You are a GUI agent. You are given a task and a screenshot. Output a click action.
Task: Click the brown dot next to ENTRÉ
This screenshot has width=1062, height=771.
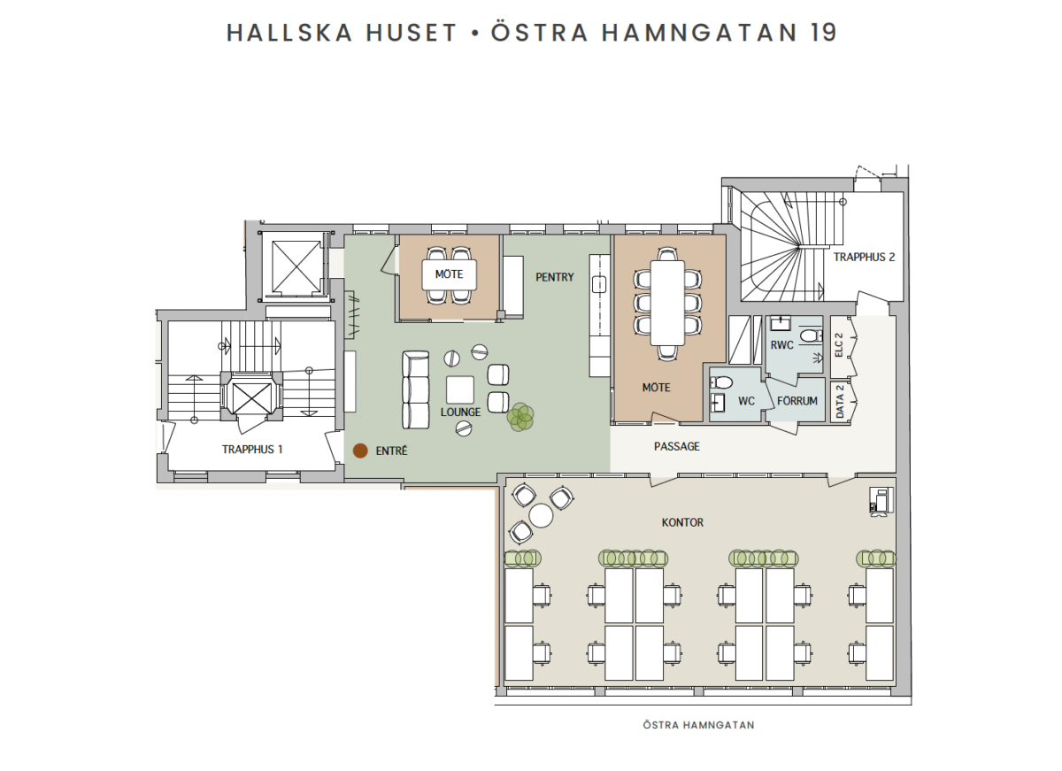(x=360, y=451)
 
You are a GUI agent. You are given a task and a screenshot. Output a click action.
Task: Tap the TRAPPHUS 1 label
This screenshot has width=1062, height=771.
(x=252, y=450)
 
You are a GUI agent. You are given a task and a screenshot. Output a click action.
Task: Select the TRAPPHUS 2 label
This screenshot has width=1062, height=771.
(x=864, y=257)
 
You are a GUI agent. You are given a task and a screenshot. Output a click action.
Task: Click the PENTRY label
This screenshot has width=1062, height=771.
(x=554, y=277)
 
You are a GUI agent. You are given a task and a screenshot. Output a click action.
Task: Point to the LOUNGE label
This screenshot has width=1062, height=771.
(x=460, y=412)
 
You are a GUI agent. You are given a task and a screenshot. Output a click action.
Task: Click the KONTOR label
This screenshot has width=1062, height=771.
(x=682, y=522)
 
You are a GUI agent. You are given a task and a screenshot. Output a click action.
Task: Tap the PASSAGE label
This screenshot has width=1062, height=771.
(x=676, y=446)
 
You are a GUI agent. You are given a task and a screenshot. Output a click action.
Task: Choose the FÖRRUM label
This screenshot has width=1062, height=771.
(x=797, y=401)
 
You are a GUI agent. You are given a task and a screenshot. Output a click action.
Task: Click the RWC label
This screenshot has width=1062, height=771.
(x=781, y=345)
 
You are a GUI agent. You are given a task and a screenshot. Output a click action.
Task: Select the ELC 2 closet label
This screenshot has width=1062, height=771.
(x=839, y=345)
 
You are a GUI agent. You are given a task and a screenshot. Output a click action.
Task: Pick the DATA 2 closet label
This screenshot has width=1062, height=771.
(x=840, y=402)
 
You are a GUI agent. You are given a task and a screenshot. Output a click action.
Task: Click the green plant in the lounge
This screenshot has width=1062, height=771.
(x=520, y=417)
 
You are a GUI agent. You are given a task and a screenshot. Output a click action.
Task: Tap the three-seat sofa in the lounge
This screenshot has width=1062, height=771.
(x=416, y=389)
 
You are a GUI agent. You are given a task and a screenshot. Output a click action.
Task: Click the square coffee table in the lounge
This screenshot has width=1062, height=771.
(x=460, y=389)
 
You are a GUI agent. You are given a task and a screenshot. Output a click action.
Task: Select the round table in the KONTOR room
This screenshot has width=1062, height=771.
(x=541, y=515)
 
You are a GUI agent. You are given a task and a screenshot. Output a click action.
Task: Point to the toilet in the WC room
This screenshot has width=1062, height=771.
(x=721, y=382)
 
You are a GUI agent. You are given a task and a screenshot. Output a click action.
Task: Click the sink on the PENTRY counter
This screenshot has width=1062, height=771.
(x=599, y=285)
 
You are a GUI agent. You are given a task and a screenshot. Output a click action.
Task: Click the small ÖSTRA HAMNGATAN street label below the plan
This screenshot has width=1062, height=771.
(x=698, y=725)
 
